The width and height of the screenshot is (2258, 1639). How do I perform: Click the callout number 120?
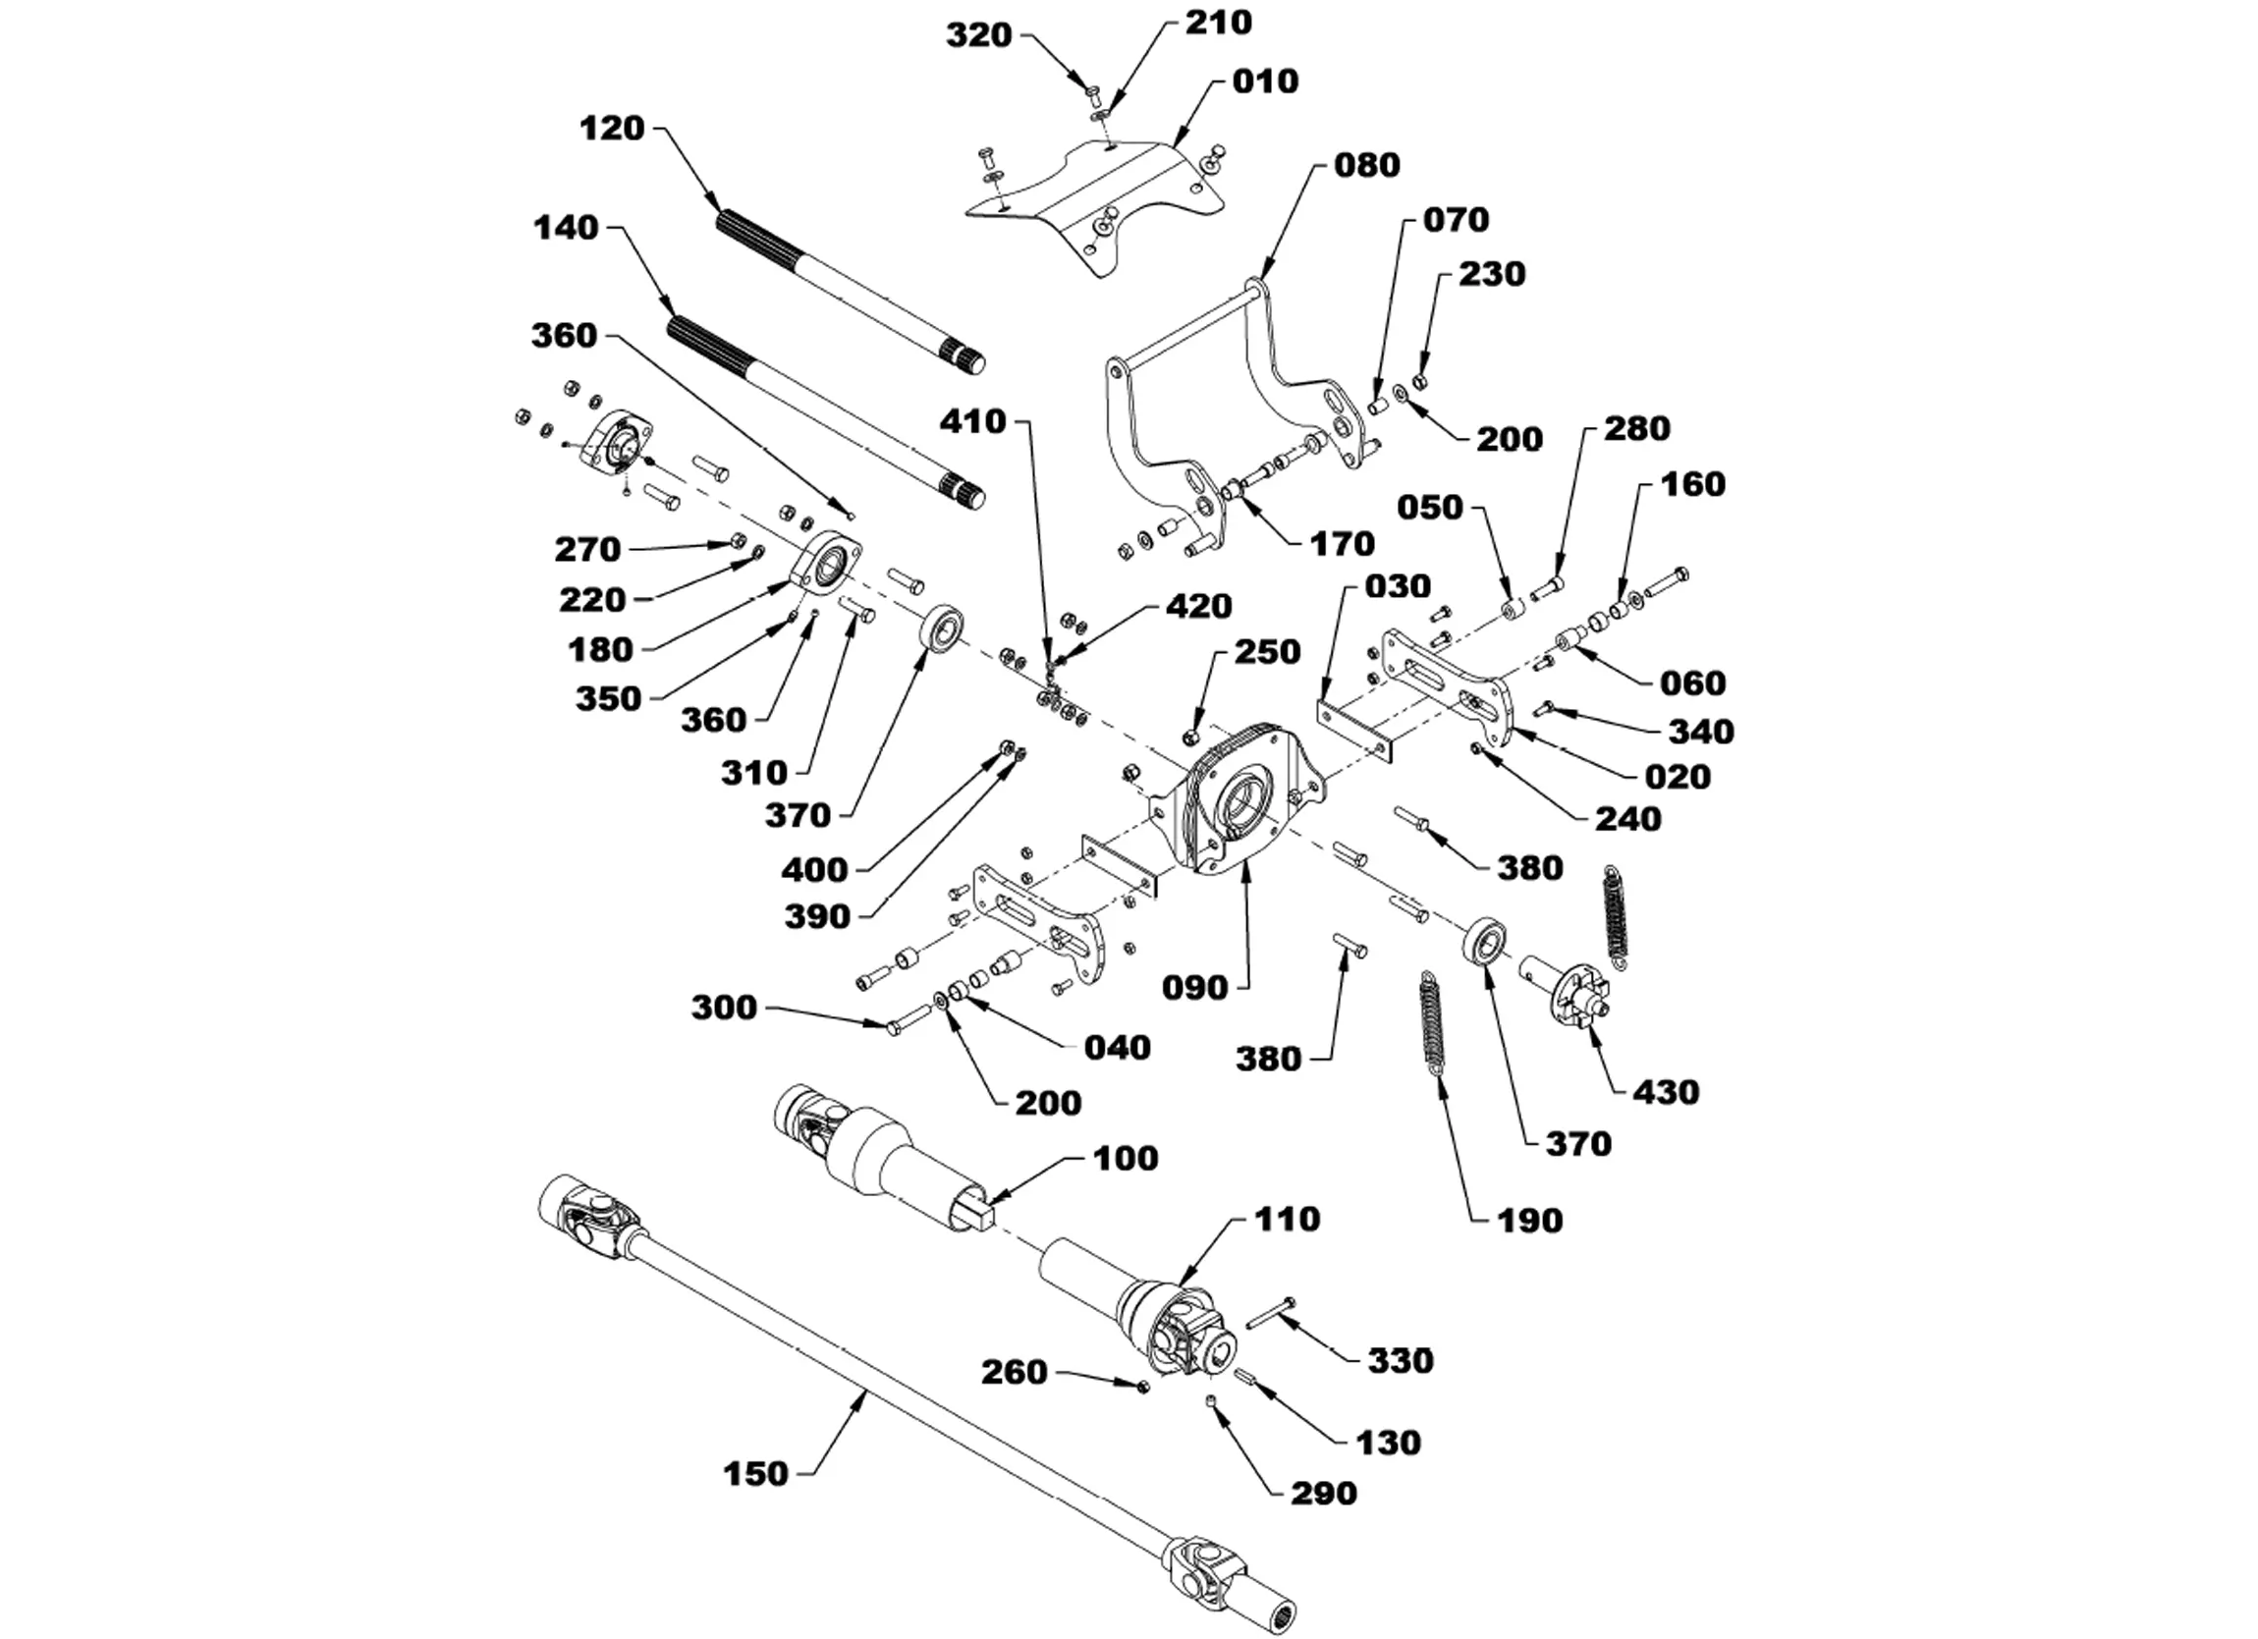tap(612, 129)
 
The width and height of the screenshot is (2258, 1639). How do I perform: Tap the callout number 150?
tap(756, 1474)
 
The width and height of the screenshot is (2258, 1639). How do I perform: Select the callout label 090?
tap(1195, 988)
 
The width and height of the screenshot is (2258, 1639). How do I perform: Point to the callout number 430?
tap(1666, 1092)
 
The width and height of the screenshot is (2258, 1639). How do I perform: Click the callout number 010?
tap(1265, 82)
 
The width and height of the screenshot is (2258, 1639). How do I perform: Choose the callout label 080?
tap(1367, 165)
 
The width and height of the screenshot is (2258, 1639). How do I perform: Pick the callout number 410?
tap(973, 422)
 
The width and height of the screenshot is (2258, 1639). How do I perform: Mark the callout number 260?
tap(1015, 1372)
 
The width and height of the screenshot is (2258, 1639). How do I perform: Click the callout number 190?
tap(1529, 1221)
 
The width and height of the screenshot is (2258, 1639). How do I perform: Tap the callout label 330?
tap(1401, 1361)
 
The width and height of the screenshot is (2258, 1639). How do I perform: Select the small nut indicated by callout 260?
tap(1143, 1386)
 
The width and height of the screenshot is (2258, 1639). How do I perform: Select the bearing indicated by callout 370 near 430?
tap(1485, 940)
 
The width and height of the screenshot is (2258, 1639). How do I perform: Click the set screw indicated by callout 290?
tap(1212, 1402)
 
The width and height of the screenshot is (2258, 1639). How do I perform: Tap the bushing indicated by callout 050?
tap(1515, 608)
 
